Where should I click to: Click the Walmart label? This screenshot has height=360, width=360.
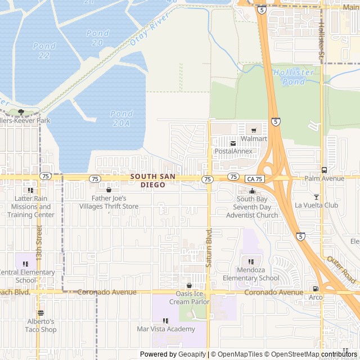[253, 138]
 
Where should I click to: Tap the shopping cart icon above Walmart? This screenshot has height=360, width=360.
[253, 130]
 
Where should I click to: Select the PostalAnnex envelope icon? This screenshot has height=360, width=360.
[233, 143]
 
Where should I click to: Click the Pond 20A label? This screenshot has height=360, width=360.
[121, 118]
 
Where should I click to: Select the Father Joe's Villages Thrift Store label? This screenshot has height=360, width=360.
[109, 202]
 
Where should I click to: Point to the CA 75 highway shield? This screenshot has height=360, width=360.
[254, 178]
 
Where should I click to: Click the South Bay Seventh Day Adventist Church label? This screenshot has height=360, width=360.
[257, 207]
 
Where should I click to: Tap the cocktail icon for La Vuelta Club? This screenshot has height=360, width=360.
[316, 196]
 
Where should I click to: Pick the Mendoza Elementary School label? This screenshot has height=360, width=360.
[251, 274]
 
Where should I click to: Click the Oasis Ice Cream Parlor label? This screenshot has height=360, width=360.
[189, 298]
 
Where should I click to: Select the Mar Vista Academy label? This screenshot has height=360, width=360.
[165, 329]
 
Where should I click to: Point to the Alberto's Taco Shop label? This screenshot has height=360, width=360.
[41, 326]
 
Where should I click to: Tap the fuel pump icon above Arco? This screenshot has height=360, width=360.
[316, 289]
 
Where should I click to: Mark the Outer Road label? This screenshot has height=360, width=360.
[341, 271]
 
